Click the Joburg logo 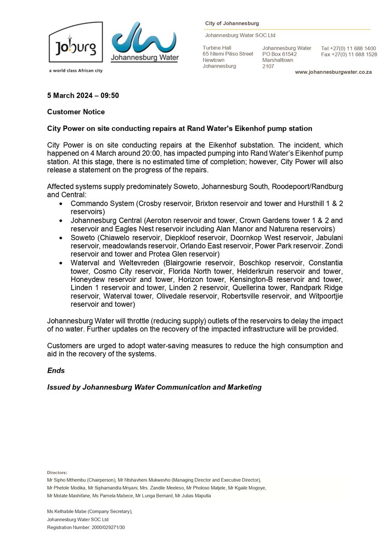(75, 42)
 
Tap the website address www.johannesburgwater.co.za (333, 73)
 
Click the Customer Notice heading (76, 112)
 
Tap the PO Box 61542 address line (279, 54)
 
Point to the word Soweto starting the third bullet (82, 237)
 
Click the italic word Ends (56, 371)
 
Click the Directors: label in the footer (57, 472)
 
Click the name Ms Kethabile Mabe (70, 511)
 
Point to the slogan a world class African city (75, 71)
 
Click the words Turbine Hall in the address (217, 48)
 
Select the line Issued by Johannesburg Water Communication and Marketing (154, 387)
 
